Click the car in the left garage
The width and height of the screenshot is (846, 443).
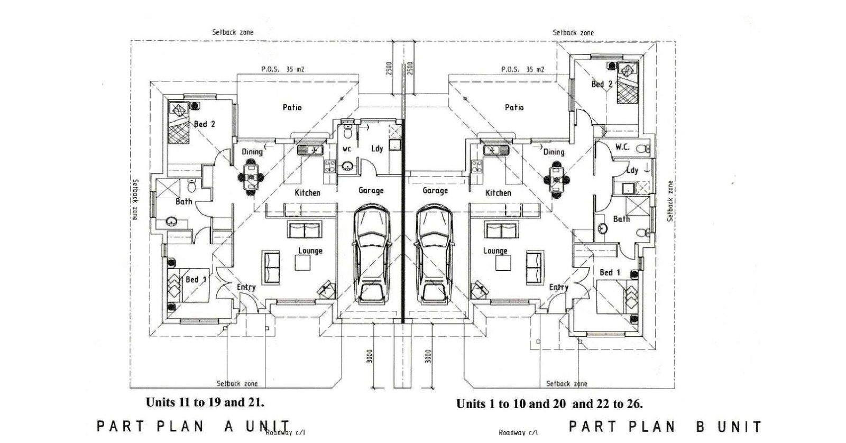[x=371, y=254]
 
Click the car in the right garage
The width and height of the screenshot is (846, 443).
[x=434, y=254]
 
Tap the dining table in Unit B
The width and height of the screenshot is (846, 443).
[x=556, y=180]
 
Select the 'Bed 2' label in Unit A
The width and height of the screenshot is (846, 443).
[x=204, y=124]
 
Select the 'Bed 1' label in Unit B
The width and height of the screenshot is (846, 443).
[x=610, y=272]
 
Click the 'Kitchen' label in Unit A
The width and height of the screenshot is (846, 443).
[x=307, y=192]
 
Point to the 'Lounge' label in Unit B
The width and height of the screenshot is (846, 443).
[x=495, y=251]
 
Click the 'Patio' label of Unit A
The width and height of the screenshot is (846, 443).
[x=292, y=108]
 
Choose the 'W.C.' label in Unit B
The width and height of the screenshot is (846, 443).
[x=622, y=147]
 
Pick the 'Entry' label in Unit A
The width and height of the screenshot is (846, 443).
[x=246, y=288]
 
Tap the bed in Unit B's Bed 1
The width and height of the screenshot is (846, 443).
[x=617, y=296]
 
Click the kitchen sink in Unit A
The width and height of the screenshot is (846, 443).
[x=310, y=150]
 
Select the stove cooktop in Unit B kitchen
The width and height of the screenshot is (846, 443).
[x=476, y=167]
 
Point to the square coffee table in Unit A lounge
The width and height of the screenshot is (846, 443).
[x=302, y=263]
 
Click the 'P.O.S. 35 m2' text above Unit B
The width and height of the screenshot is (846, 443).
[x=523, y=69]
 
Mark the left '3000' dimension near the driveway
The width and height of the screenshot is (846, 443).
[x=370, y=356]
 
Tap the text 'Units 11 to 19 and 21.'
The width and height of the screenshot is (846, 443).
[x=205, y=402]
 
